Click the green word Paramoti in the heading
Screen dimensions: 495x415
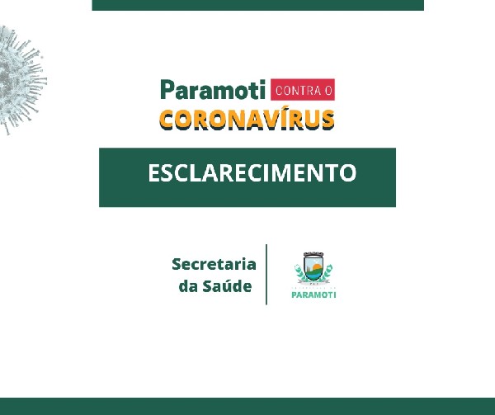pyautogui.click(x=213, y=90)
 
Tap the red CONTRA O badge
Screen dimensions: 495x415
pyautogui.click(x=303, y=90)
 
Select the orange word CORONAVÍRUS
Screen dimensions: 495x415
pyautogui.click(x=247, y=120)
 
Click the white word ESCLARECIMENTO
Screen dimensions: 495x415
pyautogui.click(x=252, y=173)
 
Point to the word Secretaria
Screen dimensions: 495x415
pyautogui.click(x=214, y=264)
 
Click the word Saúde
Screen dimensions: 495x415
pyautogui.click(x=227, y=285)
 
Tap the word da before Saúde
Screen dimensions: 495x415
pyautogui.click(x=188, y=286)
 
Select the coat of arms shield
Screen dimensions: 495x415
pyautogui.click(x=313, y=267)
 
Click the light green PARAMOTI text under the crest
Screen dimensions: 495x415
pyautogui.click(x=313, y=295)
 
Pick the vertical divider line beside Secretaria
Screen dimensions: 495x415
pyautogui.click(x=266, y=275)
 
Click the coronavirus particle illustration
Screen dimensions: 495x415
pyautogui.click(x=21, y=80)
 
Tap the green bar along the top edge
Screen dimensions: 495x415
pyautogui.click(x=258, y=5)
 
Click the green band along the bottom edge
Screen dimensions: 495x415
pyautogui.click(x=247, y=407)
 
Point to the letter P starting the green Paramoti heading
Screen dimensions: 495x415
pyautogui.click(x=167, y=90)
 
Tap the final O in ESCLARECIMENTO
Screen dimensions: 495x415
pyautogui.click(x=348, y=173)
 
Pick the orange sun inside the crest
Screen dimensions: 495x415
pyautogui.click(x=317, y=267)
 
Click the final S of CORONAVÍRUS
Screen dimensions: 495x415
pyautogui.click(x=328, y=120)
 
